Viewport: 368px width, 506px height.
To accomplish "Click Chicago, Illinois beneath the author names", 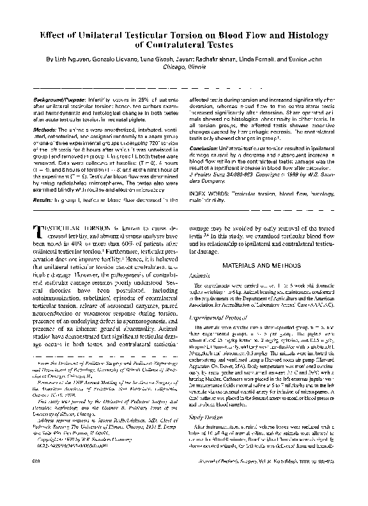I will point(183,66).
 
